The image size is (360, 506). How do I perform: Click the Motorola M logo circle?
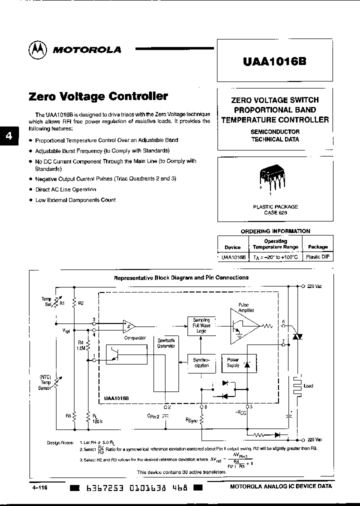(38, 49)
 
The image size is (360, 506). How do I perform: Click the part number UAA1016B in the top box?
(274, 61)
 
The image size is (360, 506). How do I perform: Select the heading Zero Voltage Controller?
(98, 96)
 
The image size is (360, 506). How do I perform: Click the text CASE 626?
(274, 212)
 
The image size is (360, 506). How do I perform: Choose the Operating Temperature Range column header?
(275, 244)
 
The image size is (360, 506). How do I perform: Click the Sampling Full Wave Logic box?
(201, 325)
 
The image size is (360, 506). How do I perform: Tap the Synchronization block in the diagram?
(201, 362)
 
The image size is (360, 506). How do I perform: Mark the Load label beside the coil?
(308, 386)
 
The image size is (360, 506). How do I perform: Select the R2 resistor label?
(81, 303)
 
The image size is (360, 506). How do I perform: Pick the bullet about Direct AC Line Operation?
(65, 189)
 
